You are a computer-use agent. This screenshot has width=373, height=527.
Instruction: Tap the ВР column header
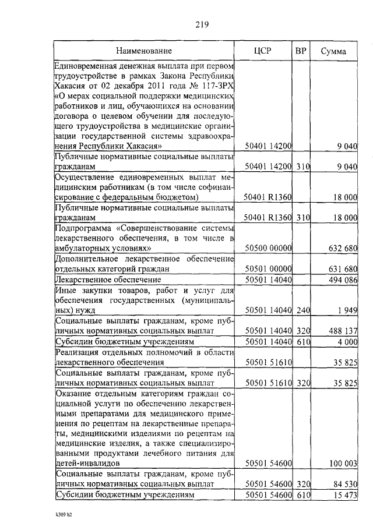click(301, 51)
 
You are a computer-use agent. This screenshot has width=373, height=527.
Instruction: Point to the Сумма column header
click(334, 51)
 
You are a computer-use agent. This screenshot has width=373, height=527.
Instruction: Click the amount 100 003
click(341, 464)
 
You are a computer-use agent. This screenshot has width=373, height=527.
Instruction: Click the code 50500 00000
click(269, 249)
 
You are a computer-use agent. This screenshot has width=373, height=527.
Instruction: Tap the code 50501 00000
click(269, 269)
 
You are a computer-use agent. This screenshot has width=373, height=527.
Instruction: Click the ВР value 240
click(302, 310)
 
